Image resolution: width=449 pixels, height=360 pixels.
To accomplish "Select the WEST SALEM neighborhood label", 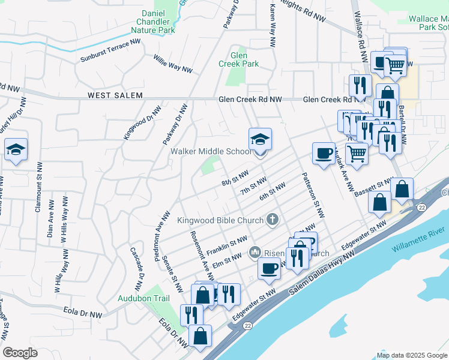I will [115, 95].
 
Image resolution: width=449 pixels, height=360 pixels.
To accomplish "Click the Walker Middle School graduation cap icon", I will [260, 140].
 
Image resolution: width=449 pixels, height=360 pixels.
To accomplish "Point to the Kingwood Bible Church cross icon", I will [273, 220].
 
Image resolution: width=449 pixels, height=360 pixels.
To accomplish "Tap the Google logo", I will [20, 353].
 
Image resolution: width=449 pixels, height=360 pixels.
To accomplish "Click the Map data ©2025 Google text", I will [411, 355].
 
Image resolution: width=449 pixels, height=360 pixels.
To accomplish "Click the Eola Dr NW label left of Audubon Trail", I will [82, 313].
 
